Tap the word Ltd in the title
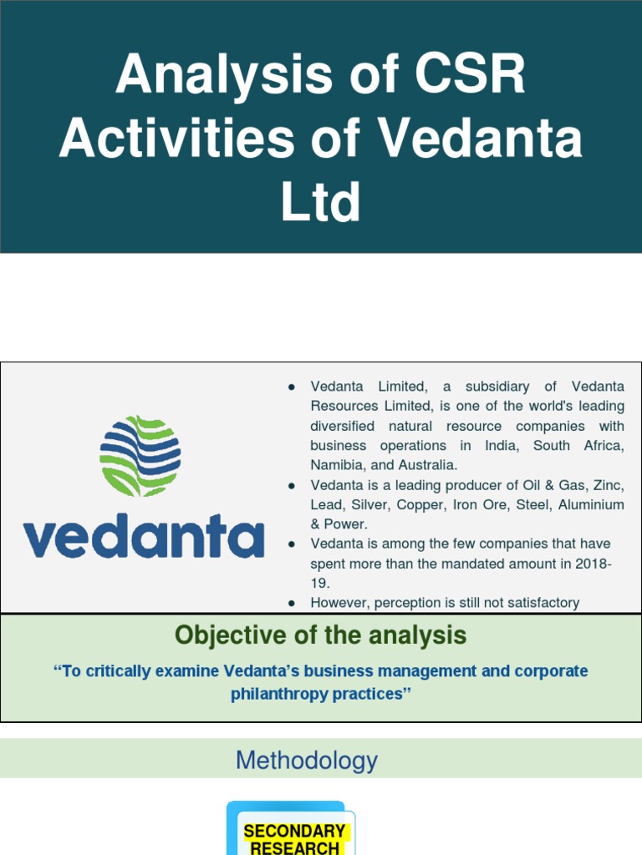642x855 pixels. coord(320,202)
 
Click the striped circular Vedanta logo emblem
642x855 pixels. coord(140,455)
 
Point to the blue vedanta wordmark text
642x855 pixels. coord(143,538)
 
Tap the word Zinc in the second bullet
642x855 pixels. coord(608,485)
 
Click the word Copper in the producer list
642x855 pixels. coord(421,505)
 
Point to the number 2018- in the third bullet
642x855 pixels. coord(593,564)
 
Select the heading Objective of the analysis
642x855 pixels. coord(320,636)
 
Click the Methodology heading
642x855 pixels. coord(307,761)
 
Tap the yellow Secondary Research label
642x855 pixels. coord(294,838)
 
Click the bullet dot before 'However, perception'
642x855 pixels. coord(292,603)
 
